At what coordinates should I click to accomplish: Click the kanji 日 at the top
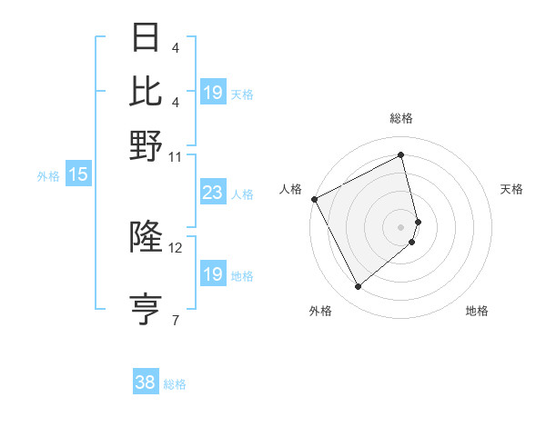147,37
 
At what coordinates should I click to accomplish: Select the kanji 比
147,91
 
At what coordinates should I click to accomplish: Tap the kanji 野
147,145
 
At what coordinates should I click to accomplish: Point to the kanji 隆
147,237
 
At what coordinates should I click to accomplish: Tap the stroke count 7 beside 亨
175,320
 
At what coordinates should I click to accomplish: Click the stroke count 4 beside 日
175,46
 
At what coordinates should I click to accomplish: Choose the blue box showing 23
212,193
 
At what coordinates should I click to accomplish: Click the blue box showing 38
146,382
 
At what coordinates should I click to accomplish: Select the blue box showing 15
77,174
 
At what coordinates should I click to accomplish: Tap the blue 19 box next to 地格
212,274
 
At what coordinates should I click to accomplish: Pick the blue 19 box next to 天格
212,92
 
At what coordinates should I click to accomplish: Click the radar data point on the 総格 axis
401,155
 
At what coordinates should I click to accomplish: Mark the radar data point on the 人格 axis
314,199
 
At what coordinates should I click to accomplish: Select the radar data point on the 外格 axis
358,287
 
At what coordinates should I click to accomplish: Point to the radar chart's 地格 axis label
477,311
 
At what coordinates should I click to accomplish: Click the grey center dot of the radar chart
401,225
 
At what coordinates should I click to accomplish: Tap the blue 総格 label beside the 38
175,384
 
